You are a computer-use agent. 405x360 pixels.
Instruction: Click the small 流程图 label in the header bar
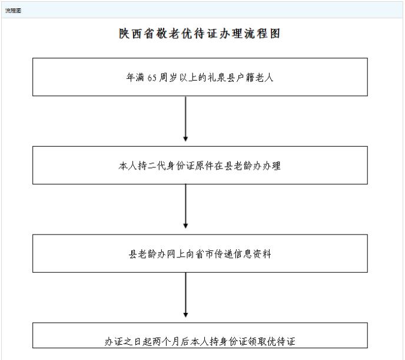pos(13,11)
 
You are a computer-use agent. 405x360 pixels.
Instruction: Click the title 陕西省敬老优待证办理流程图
pos(200,34)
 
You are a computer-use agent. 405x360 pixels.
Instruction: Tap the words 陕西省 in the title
pos(137,34)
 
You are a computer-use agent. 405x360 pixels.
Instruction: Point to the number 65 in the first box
pos(152,78)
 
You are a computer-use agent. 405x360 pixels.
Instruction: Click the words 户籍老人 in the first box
pos(255,78)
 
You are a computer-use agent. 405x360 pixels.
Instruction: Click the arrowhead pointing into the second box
pos(185,138)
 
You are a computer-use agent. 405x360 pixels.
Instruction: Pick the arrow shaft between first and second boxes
pos(185,116)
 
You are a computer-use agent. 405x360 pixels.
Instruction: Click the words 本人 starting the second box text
pos(128,166)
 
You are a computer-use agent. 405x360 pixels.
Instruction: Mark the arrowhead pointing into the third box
pos(185,226)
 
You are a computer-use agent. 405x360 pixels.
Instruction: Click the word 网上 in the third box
pos(176,254)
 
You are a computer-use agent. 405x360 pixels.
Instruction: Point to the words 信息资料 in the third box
pos(253,254)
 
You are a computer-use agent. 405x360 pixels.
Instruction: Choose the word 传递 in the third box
pos(224,254)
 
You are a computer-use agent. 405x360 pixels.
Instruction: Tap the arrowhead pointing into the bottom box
pos(185,315)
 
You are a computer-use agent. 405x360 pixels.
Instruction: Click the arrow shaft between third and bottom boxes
pos(185,293)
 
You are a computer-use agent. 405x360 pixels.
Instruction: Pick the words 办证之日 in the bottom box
pos(123,342)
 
